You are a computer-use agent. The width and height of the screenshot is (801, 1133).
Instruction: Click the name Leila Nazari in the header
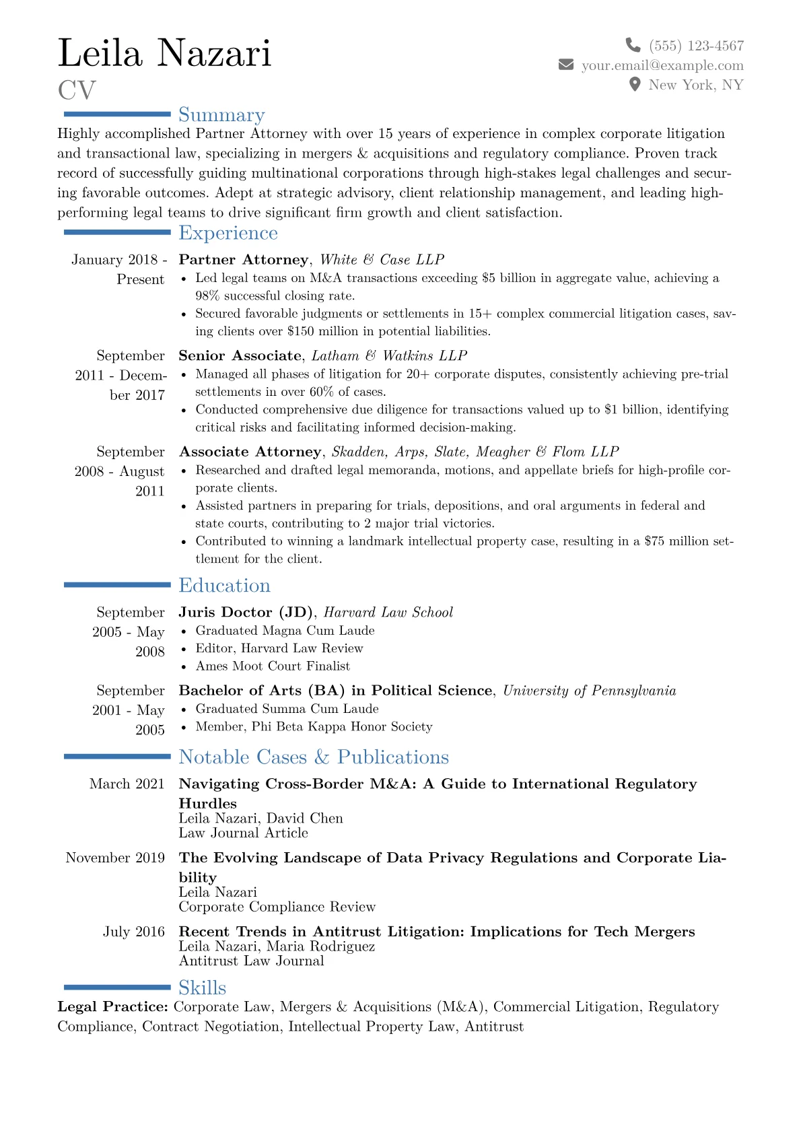(x=165, y=53)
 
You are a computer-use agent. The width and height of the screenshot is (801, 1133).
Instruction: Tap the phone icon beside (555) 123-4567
(x=633, y=45)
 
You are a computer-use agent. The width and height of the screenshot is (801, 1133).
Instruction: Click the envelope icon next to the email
(x=566, y=65)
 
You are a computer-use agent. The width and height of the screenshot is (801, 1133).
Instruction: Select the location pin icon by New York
(x=634, y=84)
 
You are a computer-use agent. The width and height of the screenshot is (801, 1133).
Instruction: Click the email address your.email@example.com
(x=662, y=65)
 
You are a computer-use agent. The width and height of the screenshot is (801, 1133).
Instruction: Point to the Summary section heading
(x=221, y=115)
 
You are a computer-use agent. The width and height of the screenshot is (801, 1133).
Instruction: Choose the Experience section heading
(x=228, y=233)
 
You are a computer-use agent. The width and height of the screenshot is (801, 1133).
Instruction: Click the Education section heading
(x=224, y=586)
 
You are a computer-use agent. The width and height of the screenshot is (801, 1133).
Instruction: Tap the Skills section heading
(x=202, y=988)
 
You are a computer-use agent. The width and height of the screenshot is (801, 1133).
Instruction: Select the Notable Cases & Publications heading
(x=314, y=757)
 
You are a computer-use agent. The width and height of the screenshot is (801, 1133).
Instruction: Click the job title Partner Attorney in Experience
(x=243, y=260)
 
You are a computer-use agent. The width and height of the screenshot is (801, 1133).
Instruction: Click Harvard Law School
(x=388, y=612)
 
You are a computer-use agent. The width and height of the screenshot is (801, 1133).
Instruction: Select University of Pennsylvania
(x=589, y=691)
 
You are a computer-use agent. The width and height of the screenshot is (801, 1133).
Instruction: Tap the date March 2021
(x=127, y=784)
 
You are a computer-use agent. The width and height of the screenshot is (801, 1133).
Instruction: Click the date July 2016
(x=133, y=932)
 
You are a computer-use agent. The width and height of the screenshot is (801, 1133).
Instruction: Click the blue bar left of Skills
(x=116, y=988)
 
